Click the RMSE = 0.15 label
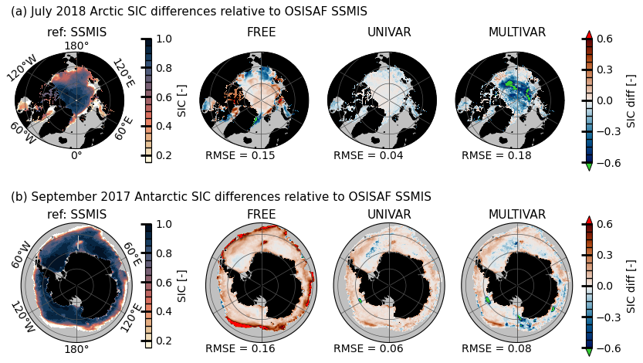click(x=240, y=156)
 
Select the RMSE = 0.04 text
click(x=368, y=156)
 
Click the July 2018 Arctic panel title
click(x=189, y=12)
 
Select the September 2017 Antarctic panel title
click(x=221, y=197)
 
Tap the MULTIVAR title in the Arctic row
click(x=517, y=32)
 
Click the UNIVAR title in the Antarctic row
click(x=389, y=215)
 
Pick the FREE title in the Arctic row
click(x=261, y=32)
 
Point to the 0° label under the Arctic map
click(x=76, y=155)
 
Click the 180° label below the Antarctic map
click(x=76, y=349)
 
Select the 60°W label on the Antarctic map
click(x=22, y=254)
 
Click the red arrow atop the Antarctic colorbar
click(x=589, y=221)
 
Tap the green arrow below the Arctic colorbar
click(x=589, y=166)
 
